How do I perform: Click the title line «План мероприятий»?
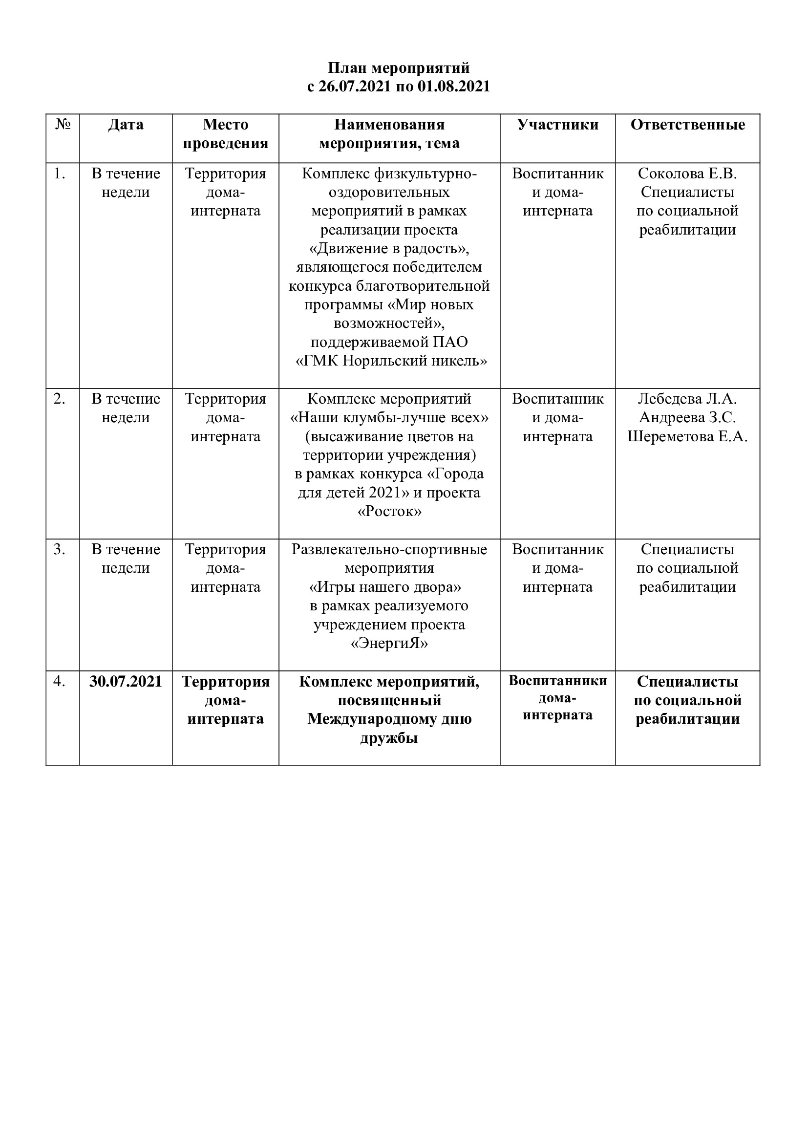pyautogui.click(x=399, y=68)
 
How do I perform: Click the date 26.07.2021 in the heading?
pyautogui.click(x=354, y=86)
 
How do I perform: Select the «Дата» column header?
pyautogui.click(x=126, y=125)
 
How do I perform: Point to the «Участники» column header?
pyautogui.click(x=558, y=125)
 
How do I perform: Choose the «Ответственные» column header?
pyautogui.click(x=688, y=125)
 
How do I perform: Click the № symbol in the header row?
pyautogui.click(x=63, y=125)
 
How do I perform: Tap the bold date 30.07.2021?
pyautogui.click(x=126, y=682)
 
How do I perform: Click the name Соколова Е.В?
pyautogui.click(x=688, y=174)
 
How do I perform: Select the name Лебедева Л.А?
pyautogui.click(x=688, y=399)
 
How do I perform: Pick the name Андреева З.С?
pyautogui.click(x=688, y=418)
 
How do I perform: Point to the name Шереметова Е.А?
pyautogui.click(x=688, y=436)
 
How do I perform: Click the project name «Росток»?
pyautogui.click(x=389, y=512)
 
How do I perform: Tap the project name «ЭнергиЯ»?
pyautogui.click(x=389, y=644)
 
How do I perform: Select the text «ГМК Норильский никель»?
pyautogui.click(x=392, y=361)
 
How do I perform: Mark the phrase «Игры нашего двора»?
pyautogui.click(x=385, y=587)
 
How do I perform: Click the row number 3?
pyautogui.click(x=60, y=550)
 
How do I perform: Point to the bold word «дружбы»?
pyautogui.click(x=389, y=738)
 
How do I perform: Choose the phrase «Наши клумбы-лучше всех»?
pyautogui.click(x=389, y=418)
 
